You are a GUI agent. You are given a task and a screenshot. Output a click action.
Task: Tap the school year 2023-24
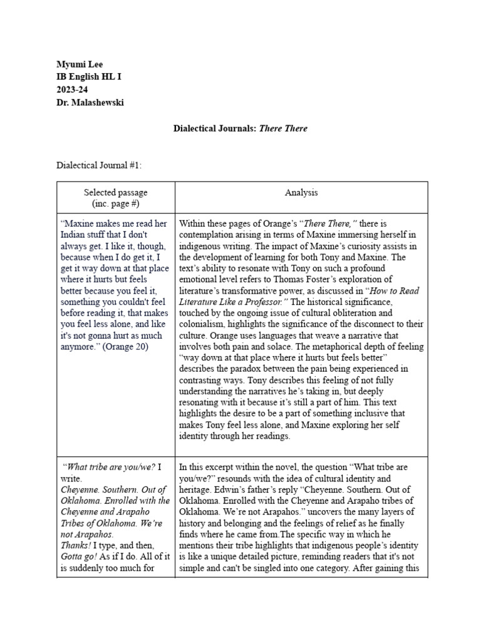[71, 90]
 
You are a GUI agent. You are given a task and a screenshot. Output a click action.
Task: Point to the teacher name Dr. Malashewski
[90, 103]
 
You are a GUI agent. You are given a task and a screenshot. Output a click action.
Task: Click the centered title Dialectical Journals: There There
[240, 128]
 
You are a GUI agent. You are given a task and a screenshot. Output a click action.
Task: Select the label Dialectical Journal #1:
[99, 165]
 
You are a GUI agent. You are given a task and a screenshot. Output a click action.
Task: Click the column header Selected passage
[116, 192]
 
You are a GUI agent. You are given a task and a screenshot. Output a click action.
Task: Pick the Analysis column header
[301, 192]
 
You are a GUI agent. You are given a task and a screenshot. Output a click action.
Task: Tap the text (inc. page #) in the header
[116, 203]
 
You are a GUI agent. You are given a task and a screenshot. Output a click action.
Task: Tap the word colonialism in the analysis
[202, 324]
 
